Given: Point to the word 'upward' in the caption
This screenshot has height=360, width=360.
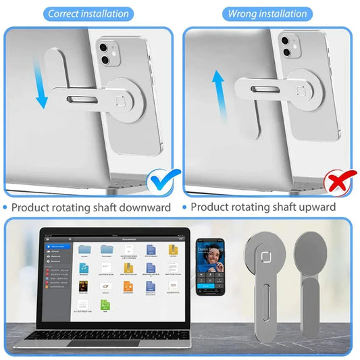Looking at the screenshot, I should click(312, 207).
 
